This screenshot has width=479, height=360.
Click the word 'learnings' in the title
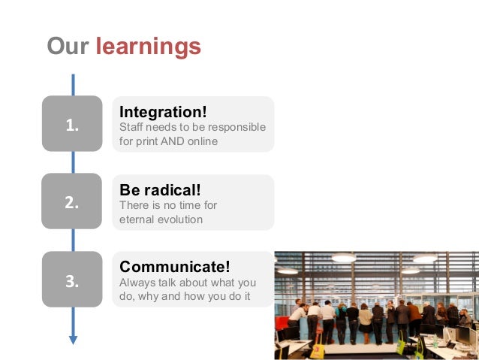[x=148, y=47]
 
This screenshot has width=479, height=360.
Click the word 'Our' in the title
[x=68, y=46]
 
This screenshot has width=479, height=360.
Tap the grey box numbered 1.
[x=72, y=123]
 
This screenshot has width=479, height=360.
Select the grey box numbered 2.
[x=72, y=201]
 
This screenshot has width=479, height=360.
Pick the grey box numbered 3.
[x=72, y=280]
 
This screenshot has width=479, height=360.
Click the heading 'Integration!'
[x=163, y=112]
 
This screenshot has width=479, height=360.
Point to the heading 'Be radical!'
[x=160, y=190]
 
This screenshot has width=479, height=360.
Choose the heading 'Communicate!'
[x=175, y=266]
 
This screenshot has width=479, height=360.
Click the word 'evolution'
[x=179, y=219]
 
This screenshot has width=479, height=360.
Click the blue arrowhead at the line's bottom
[x=73, y=340]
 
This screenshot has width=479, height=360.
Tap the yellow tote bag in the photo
[x=318, y=350]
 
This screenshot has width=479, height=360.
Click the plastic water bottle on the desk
[x=435, y=341]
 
